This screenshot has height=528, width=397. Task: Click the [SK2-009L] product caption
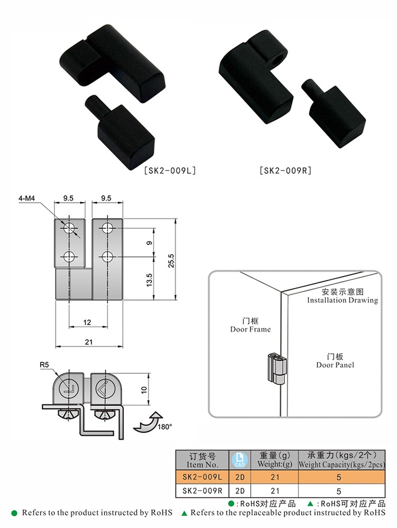[x=170, y=171]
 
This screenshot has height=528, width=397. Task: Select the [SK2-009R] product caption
[x=286, y=171]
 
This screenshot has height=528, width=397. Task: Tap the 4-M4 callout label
[x=26, y=199]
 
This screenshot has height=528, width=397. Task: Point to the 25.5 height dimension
[x=172, y=261]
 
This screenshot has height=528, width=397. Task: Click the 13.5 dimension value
[x=149, y=280]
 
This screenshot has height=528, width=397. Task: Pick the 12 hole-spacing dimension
[x=87, y=323]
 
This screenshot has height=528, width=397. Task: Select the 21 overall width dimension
[x=88, y=342]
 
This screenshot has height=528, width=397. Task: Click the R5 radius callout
[x=44, y=365]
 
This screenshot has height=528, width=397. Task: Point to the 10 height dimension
[x=144, y=390]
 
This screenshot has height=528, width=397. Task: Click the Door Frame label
[x=250, y=329]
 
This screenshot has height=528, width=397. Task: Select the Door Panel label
[x=335, y=365]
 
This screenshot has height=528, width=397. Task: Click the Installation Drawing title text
[x=342, y=300]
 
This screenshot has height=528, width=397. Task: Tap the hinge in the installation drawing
[x=276, y=369]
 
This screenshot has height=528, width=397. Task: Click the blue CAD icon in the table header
[x=240, y=460]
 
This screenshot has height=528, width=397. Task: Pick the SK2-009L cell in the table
[x=203, y=477]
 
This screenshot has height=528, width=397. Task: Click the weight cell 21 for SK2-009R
[x=275, y=491]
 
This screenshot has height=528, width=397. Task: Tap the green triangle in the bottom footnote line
[x=184, y=514]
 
